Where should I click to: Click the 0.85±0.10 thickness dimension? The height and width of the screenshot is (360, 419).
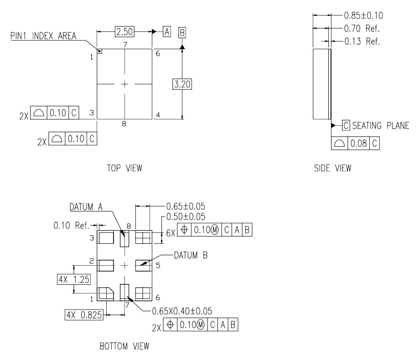coord(362,15)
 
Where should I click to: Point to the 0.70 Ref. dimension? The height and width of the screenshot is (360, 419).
coord(360,28)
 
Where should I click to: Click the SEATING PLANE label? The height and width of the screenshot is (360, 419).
coord(378,125)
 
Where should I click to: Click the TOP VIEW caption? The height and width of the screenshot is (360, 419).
coord(124,169)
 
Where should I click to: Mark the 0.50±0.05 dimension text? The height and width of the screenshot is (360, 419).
coord(186,216)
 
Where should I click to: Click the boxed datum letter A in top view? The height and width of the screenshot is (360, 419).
coord(166,31)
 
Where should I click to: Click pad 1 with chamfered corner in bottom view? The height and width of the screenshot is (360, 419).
coord(106,293)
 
